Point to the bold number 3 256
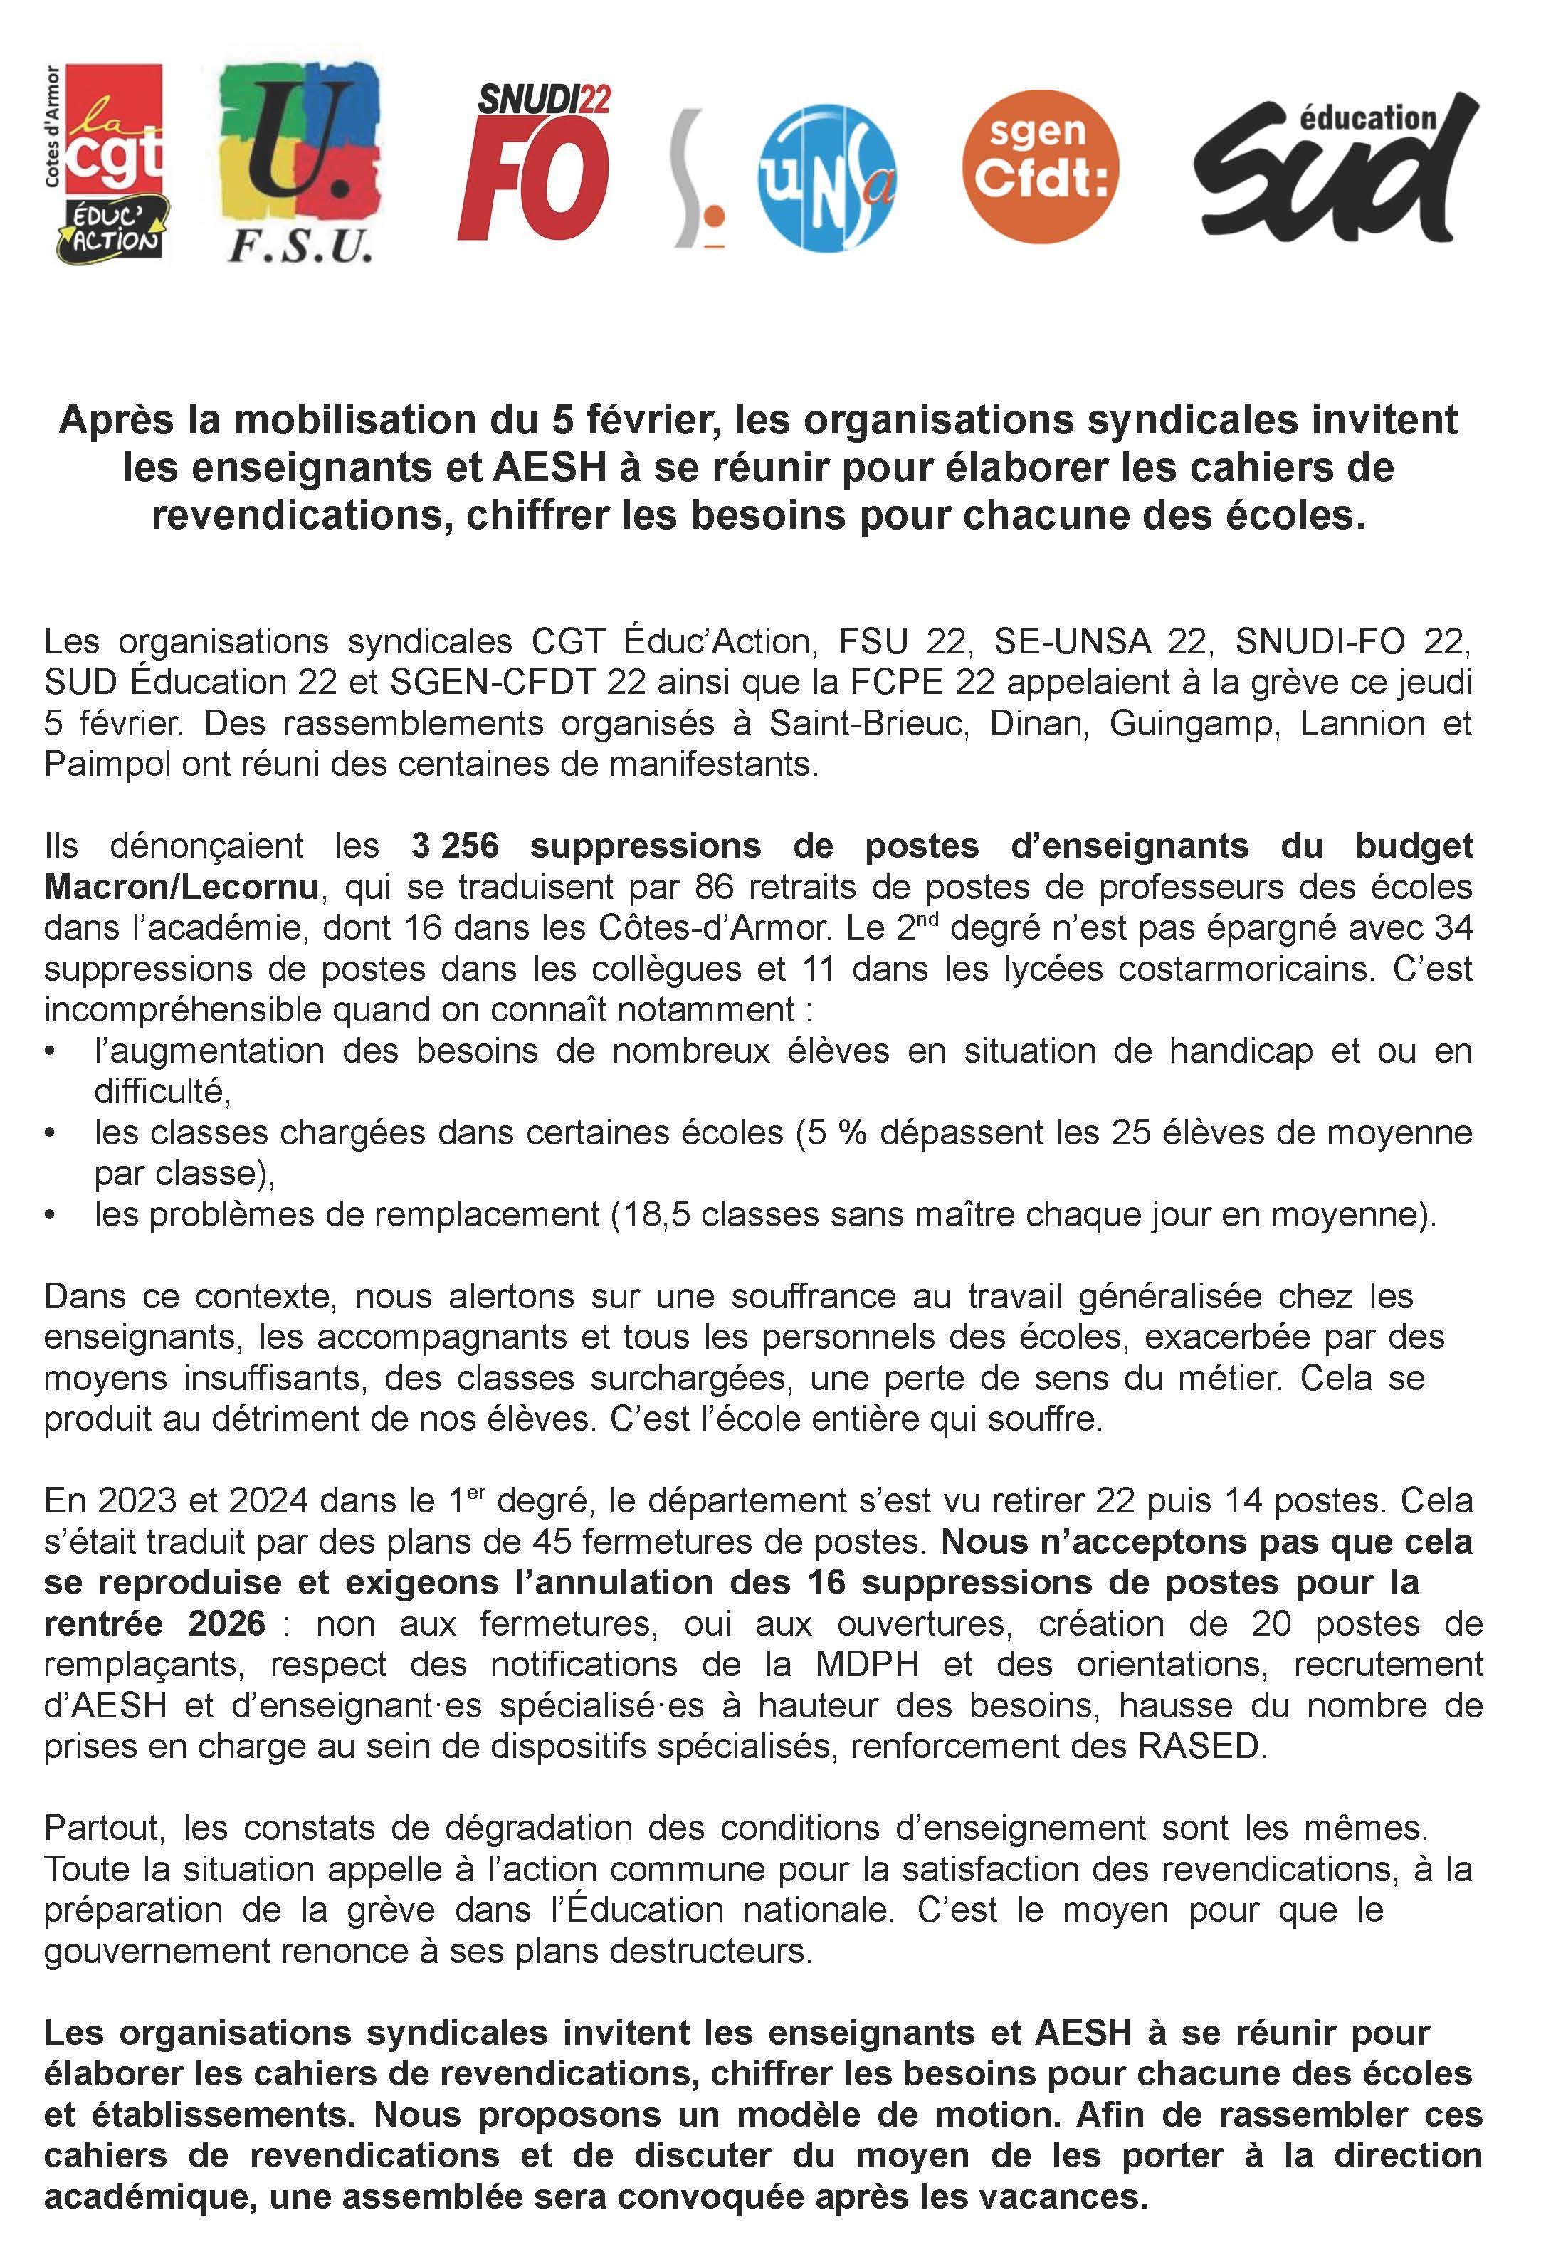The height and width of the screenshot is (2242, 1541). click(455, 846)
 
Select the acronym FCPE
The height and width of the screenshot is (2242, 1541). click(899, 683)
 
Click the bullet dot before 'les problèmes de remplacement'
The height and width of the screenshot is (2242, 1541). click(51, 1214)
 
